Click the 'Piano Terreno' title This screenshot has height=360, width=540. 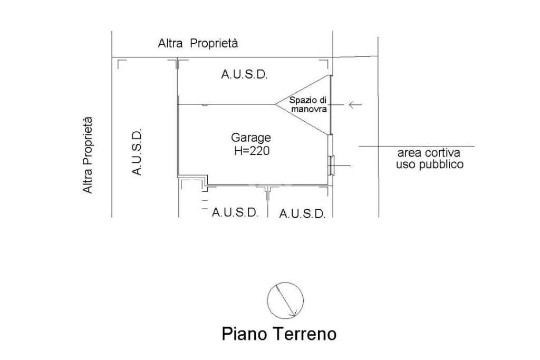tap(278, 334)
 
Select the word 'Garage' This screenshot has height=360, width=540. tap(251, 138)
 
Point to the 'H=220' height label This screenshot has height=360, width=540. tap(252, 151)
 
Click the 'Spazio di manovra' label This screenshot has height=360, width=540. tap(308, 105)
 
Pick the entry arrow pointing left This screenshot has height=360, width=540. tap(355, 105)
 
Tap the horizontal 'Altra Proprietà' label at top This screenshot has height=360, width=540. tap(198, 44)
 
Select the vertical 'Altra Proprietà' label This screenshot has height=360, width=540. tap(88, 155)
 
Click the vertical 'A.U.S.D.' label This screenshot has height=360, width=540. tap(136, 153)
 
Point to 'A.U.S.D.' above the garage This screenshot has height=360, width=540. tap(244, 75)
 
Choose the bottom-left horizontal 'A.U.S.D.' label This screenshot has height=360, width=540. tap(235, 212)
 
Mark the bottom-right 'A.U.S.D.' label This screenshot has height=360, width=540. tap(302, 214)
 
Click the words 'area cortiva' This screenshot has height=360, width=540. tap(429, 153)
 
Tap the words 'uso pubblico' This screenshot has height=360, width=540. tap(430, 164)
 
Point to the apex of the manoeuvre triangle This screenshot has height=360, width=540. tap(275, 104)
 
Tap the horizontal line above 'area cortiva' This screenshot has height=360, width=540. tap(417, 146)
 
